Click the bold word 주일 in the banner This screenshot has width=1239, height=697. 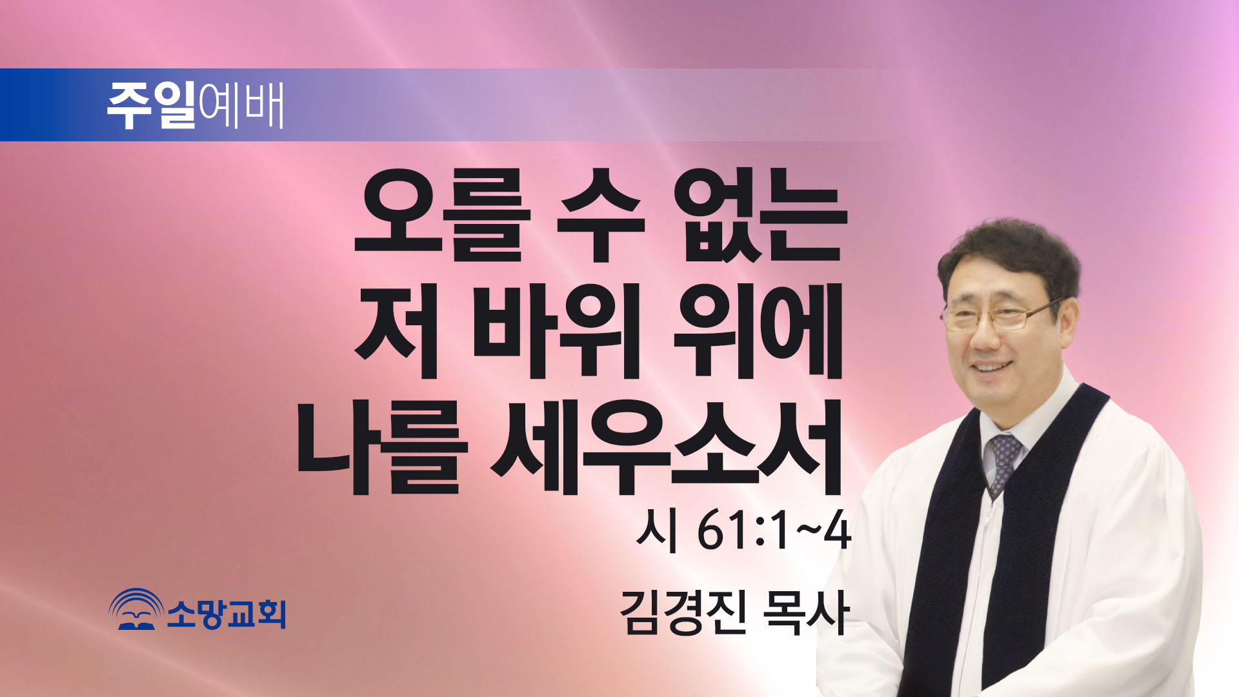click(x=152, y=105)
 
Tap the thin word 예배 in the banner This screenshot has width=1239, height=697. click(x=241, y=105)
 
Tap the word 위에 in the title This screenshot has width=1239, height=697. click(x=758, y=330)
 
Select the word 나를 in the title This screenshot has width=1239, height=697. click(x=381, y=447)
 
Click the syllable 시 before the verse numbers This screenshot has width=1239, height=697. click(x=657, y=532)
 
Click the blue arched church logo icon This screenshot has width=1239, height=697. click(x=136, y=609)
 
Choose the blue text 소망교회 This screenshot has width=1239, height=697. click(x=227, y=613)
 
